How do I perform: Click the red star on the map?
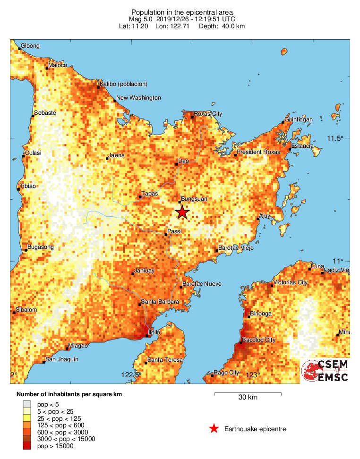pyautogui.click(x=182, y=212)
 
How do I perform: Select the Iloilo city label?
pyautogui.click(x=154, y=332)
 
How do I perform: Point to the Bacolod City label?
pyautogui.click(x=258, y=340)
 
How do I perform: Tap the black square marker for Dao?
pyautogui.click(x=177, y=164)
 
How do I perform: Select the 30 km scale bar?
pyautogui.click(x=248, y=393)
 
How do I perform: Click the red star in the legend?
pyautogui.click(x=214, y=429)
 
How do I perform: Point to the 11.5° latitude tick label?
pyautogui.click(x=335, y=138)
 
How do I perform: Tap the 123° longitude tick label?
pyautogui.click(x=252, y=375)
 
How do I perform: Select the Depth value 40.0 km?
pyautogui.click(x=231, y=26)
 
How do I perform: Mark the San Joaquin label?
pyautogui.click(x=61, y=359)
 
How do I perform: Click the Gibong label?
pyautogui.click(x=30, y=46)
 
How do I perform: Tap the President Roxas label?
pyautogui.click(x=258, y=152)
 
